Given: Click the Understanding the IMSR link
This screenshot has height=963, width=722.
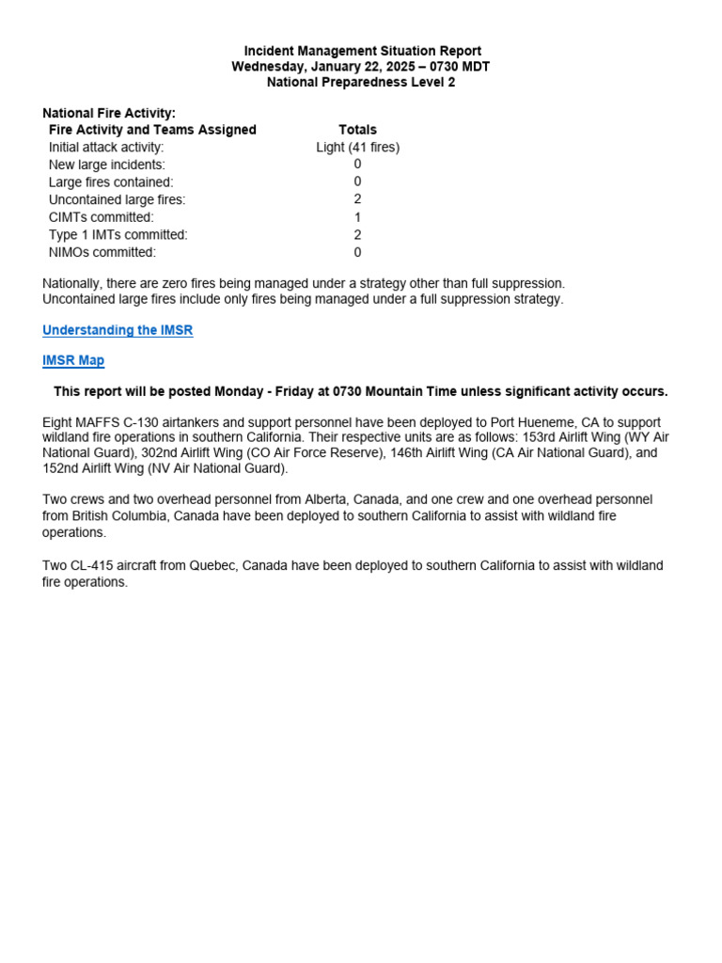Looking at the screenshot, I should pos(118,330).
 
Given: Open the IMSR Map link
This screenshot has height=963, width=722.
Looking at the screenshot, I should pos(73,360).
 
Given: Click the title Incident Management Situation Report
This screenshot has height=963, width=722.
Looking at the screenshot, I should pos(362,51).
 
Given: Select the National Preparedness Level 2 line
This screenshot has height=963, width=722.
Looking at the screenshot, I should pos(361,82).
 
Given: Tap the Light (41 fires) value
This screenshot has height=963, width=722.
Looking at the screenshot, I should pos(357,148).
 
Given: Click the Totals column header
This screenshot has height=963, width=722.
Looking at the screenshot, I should pos(357,130).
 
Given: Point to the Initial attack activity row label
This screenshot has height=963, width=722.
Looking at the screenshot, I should pos(106,148).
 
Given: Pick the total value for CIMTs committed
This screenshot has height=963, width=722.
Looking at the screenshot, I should pos(357,217).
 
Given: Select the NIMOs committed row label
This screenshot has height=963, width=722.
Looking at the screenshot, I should pos(102,252).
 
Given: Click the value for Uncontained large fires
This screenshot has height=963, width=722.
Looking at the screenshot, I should pos(357,199).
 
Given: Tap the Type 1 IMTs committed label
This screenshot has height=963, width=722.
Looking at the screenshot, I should pos(118,234).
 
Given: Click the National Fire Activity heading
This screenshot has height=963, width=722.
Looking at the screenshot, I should pos(109,113).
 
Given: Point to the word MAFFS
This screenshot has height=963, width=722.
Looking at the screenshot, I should pos(99,422).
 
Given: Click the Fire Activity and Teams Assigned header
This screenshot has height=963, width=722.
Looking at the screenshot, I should pos(152,130).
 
